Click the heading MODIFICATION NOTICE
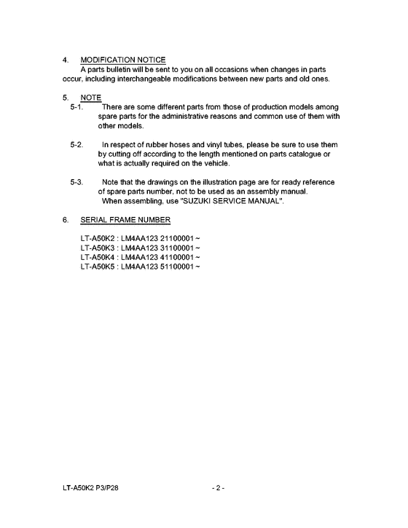pos(122,59)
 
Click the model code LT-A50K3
pos(100,248)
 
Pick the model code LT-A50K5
pos(100,267)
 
